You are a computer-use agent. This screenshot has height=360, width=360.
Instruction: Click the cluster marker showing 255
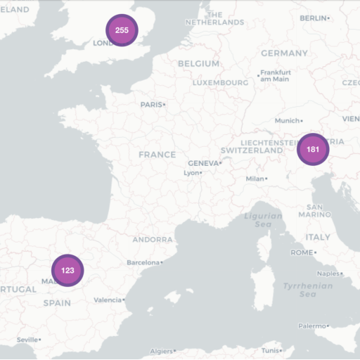[122, 30]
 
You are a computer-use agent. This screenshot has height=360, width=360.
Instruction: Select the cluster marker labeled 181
[313, 149]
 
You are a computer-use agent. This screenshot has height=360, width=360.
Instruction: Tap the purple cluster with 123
[67, 270]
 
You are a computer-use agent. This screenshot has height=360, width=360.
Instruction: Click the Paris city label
[151, 105]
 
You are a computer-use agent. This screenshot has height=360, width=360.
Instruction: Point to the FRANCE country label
[157, 155]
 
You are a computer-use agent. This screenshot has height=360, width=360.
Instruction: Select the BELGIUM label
[198, 63]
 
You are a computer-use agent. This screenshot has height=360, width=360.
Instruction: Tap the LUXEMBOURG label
[220, 83]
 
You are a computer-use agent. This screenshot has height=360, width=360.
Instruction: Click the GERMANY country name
[284, 53]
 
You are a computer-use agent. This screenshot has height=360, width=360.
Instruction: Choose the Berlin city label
[313, 18]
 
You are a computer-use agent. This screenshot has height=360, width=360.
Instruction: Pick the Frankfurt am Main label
[275, 75]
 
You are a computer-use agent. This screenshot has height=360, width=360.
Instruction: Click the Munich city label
[288, 121]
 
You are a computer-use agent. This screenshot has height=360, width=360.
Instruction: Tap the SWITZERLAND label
[251, 150]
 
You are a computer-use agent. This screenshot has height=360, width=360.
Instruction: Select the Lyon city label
[191, 172]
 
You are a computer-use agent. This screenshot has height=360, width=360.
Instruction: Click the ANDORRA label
[153, 240]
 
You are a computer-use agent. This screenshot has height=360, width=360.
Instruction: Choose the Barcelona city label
[143, 262]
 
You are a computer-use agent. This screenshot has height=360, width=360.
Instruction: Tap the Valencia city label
[108, 300]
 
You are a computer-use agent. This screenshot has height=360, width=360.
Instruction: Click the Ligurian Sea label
[263, 220]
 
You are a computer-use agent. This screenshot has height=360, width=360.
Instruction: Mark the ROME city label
[302, 252]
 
